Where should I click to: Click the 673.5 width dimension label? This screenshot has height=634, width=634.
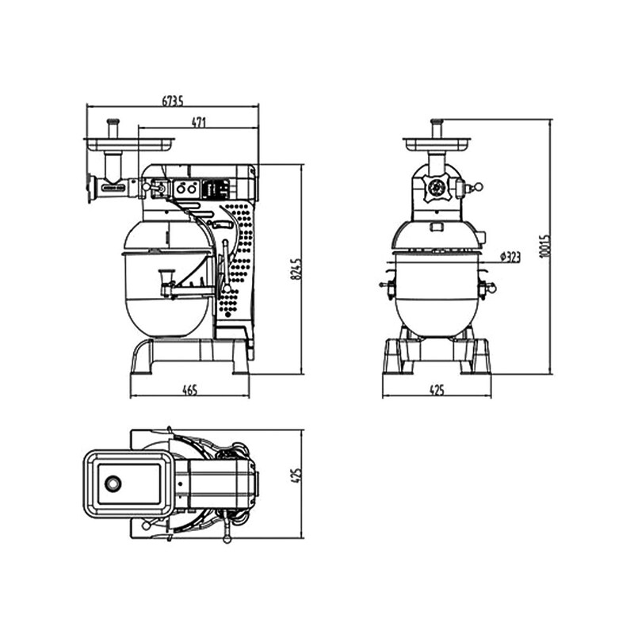click(173, 101)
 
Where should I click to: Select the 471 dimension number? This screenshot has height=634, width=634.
click(199, 122)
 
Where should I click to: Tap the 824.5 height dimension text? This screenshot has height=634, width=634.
click(296, 269)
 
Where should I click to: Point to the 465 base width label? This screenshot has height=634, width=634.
click(189, 390)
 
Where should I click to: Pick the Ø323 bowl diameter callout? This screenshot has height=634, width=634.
click(510, 257)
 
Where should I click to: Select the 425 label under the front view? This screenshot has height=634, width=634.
click(437, 390)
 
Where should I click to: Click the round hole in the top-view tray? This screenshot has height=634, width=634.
click(113, 483)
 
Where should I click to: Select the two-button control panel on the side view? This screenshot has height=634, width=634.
click(187, 189)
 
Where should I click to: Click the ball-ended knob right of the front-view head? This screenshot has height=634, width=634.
click(479, 187)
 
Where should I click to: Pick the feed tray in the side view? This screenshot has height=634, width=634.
click(129, 144)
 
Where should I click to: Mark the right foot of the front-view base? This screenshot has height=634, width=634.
click(476, 357)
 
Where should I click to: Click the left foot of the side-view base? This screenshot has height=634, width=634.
click(141, 357)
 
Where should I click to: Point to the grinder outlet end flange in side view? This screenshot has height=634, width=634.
click(89, 189)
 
